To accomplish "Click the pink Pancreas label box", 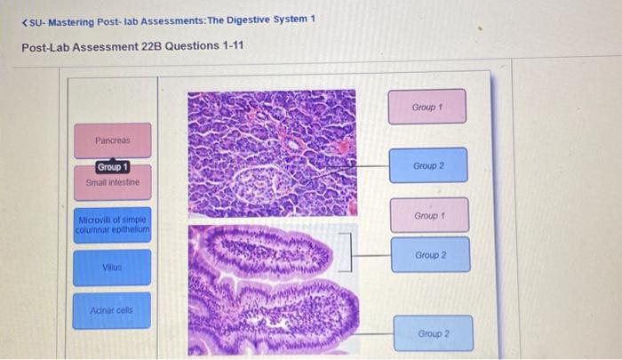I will (112, 140).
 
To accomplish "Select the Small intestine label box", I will (112, 182).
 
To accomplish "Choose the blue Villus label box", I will (112, 267).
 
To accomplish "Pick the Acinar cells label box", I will (112, 310).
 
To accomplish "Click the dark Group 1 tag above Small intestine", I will (113, 167).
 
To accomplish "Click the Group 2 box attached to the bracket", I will (430, 255).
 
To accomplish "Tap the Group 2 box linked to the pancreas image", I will (428, 166).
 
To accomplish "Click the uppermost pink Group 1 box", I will (427, 107).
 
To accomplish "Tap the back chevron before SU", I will (26, 20).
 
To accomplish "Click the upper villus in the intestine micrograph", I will (267, 249).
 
